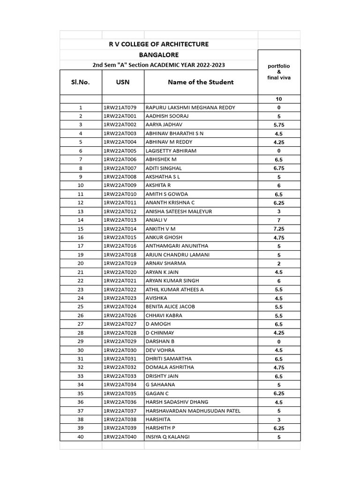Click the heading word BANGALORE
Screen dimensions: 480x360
pyautogui.click(x=158, y=55)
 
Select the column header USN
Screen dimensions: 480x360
pyautogui.click(x=123, y=82)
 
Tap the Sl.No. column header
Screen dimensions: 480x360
pyautogui.click(x=80, y=82)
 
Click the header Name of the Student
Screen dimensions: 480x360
pyautogui.click(x=201, y=82)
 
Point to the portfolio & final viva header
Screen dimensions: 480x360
pyautogui.click(x=279, y=72)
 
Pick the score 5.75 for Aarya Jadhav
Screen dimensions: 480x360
pyautogui.click(x=279, y=125)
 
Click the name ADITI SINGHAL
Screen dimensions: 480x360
pyautogui.click(x=164, y=168)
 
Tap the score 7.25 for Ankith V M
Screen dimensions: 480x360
pyautogui.click(x=279, y=229)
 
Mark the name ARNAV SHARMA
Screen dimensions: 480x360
pyautogui.click(x=165, y=263)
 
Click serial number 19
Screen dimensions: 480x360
pyautogui.click(x=81, y=255)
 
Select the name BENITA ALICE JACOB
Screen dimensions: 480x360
pyautogui.click(x=170, y=307)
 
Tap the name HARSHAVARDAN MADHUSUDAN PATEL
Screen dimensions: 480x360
pyautogui.click(x=193, y=411)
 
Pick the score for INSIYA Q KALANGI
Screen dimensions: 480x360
pyautogui.click(x=279, y=437)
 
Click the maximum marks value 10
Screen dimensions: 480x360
pyautogui.click(x=279, y=99)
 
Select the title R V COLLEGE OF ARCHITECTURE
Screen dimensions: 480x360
pyautogui.click(x=158, y=44)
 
